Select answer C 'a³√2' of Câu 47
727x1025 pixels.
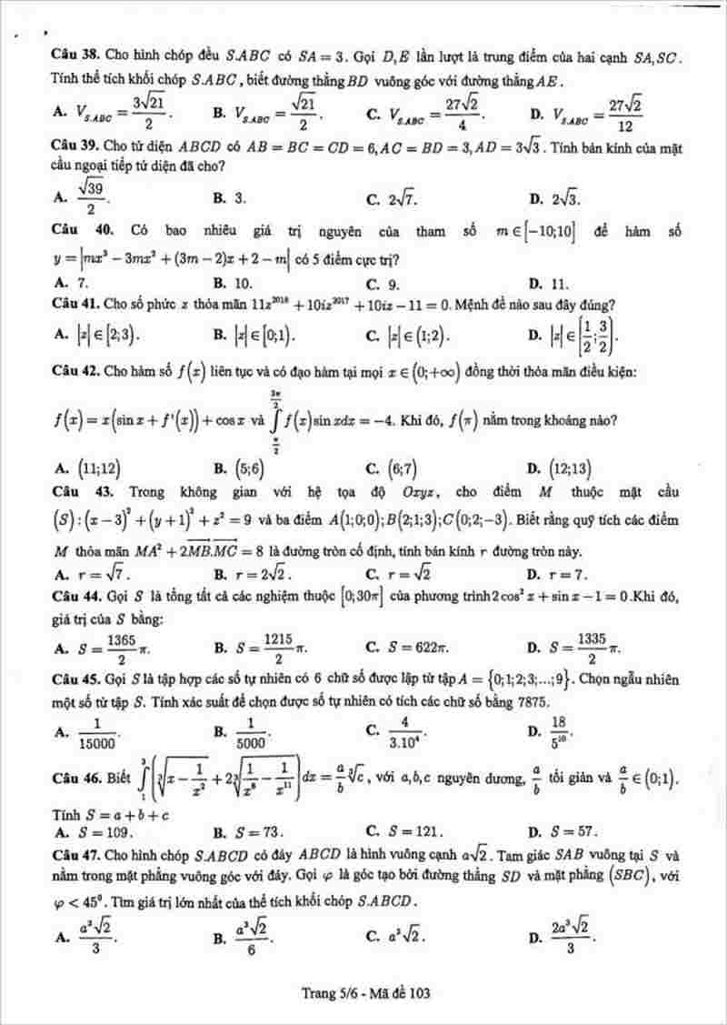404,936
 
